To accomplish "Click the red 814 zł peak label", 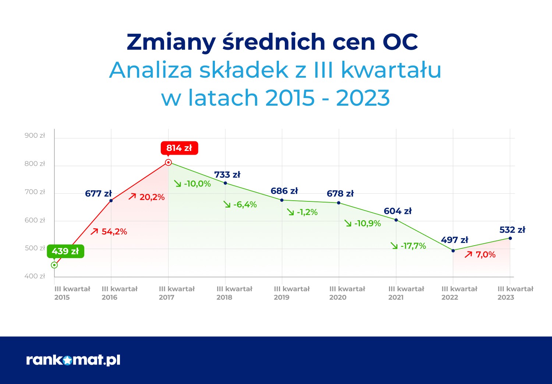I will tap(179, 148).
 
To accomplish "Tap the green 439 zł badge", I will tap(65, 251).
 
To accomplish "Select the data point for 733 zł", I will tap(225, 183).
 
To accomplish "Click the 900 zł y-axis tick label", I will tap(35, 135).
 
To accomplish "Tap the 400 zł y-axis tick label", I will tap(35, 276).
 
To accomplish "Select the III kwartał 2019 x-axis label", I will tap(291, 293).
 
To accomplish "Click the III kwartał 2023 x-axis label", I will tap(515, 293).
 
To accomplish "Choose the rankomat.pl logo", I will tap(73, 360).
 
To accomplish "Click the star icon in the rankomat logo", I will tap(67, 360).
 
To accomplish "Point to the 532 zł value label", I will tap(512, 230).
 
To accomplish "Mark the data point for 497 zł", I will tap(453, 251).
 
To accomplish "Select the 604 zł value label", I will tap(397, 211).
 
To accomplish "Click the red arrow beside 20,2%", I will tap(132, 197).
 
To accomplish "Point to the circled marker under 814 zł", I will tap(168, 162).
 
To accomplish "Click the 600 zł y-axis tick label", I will tap(35, 220).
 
